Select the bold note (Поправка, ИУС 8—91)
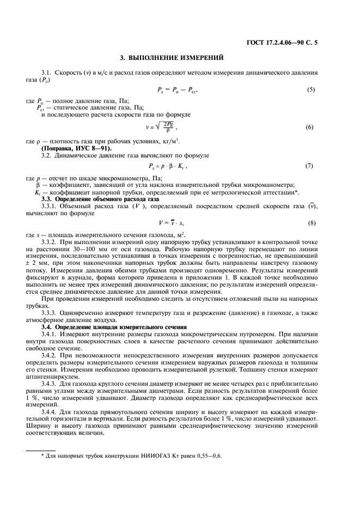click(x=77, y=148)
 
